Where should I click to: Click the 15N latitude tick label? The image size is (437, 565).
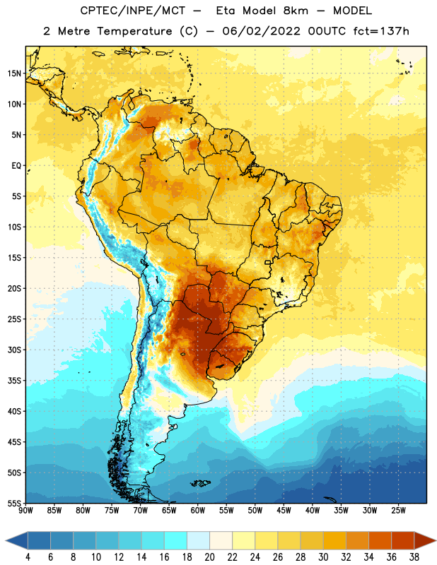tap(14, 73)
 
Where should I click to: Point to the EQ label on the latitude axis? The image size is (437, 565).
tap(16, 166)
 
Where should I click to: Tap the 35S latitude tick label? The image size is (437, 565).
tap(14, 381)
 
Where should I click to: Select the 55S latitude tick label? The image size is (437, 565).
tap(14, 503)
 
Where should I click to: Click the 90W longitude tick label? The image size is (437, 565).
tap(25, 511)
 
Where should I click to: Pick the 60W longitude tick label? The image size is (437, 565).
tap(198, 511)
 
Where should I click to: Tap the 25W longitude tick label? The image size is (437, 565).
tap(398, 511)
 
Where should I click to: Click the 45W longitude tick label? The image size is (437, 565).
tap(284, 511)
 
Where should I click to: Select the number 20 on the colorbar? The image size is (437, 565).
tap(209, 557)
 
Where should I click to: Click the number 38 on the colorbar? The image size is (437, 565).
tap(414, 557)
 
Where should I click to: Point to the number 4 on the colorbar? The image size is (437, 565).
tap(28, 557)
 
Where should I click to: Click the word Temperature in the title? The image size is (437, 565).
tap(135, 31)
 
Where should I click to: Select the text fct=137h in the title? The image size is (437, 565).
tap(381, 31)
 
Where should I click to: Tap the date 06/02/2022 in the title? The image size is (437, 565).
tap(261, 31)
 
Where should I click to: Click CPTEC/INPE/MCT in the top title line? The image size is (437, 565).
tap(133, 11)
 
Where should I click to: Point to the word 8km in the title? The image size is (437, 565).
tap(296, 11)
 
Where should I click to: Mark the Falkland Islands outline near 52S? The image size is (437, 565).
tap(200, 483)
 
